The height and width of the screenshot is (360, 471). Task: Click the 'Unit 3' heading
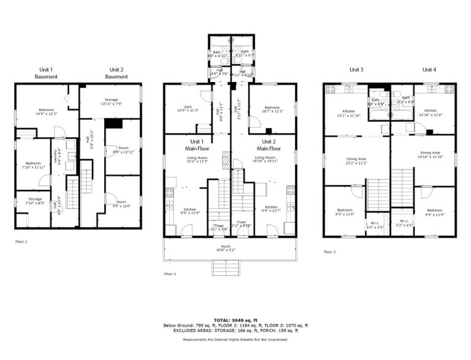point(356,69)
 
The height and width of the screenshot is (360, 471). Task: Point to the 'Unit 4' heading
point(429,69)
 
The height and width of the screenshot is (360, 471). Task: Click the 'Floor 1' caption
point(21,242)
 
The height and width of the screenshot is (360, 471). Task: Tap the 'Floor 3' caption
point(330,252)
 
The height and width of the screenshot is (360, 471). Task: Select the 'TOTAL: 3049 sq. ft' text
point(235,320)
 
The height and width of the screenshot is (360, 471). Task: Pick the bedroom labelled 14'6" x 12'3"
point(46,111)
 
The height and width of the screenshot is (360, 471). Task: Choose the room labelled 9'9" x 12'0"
point(122,204)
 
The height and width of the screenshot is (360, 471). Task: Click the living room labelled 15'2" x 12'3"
point(197,159)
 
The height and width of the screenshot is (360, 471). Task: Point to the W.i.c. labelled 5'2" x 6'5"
point(404,223)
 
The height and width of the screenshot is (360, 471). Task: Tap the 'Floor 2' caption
point(170,274)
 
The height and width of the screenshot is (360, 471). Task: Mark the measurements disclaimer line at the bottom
point(235,339)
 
